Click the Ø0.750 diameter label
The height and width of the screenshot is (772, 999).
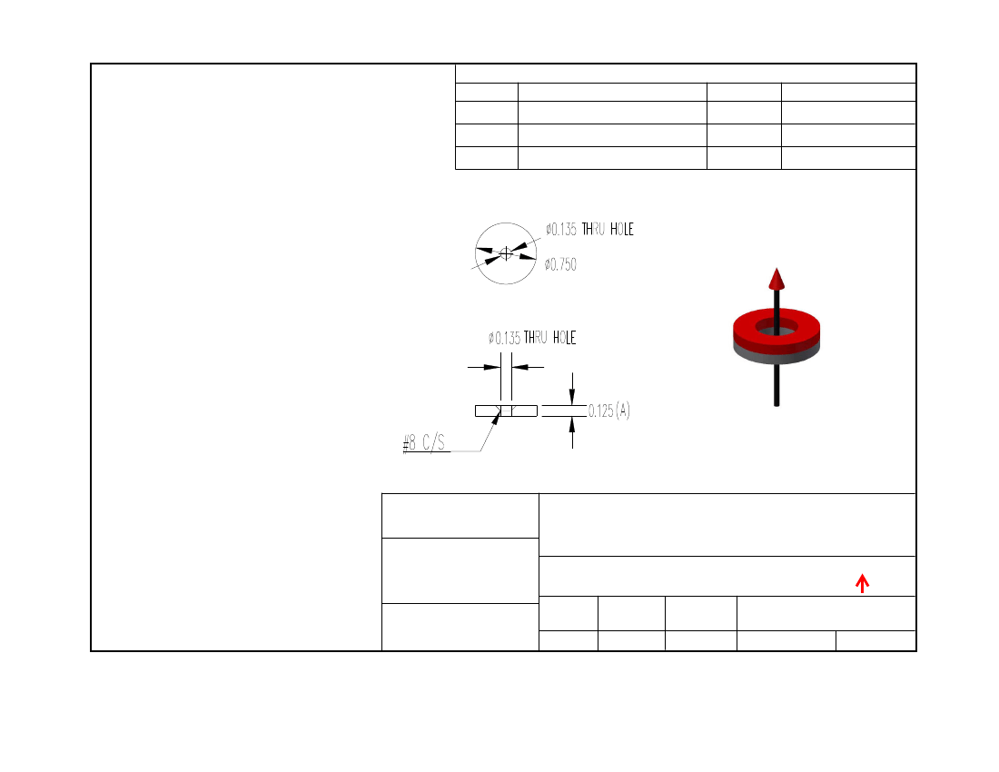(x=560, y=264)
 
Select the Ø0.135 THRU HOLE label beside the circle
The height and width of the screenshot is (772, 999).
(x=589, y=229)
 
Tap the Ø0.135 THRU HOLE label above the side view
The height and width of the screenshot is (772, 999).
(x=532, y=338)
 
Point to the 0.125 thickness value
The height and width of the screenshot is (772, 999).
(x=601, y=411)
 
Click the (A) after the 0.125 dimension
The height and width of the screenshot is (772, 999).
(x=622, y=411)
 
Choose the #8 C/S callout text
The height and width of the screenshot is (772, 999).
(x=424, y=442)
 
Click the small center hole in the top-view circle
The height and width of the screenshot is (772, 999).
(x=506, y=253)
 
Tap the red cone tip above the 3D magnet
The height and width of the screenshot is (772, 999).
(x=776, y=279)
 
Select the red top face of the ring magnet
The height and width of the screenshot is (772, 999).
(x=776, y=322)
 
